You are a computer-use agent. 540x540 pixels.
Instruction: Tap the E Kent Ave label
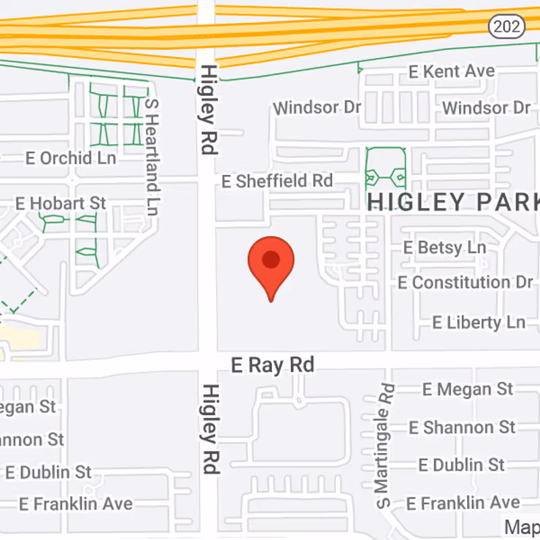(452, 71)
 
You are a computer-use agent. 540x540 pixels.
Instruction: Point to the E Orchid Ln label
(71, 158)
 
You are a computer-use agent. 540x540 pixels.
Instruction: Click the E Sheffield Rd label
(277, 181)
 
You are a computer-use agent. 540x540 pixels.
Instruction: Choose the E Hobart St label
(61, 202)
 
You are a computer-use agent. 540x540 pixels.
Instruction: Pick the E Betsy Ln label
(444, 247)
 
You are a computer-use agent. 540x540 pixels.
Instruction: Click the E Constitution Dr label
(465, 282)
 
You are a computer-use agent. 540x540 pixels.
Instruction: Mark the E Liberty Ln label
(479, 321)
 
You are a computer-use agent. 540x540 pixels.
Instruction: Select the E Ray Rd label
(273, 365)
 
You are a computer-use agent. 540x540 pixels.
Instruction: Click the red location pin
(271, 267)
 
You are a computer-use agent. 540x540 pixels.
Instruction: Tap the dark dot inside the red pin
(271, 259)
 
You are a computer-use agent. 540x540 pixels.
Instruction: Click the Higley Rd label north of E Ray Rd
(207, 109)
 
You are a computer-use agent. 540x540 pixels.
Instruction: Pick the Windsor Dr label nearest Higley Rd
(317, 107)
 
